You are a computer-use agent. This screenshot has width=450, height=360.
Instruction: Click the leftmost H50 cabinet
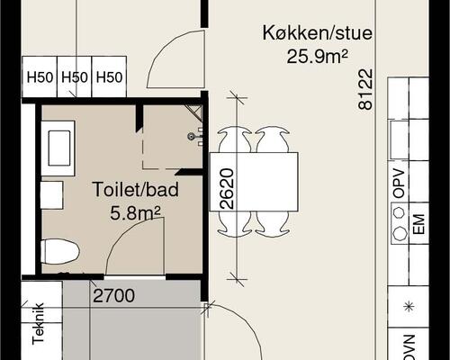(x=39, y=77)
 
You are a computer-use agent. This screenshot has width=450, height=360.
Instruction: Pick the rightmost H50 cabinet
(x=108, y=77)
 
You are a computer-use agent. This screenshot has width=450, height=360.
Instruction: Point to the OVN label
(x=399, y=346)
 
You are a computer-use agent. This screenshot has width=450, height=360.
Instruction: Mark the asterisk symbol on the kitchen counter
(x=409, y=308)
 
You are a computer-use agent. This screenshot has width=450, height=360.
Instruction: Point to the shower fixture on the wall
(x=192, y=136)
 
